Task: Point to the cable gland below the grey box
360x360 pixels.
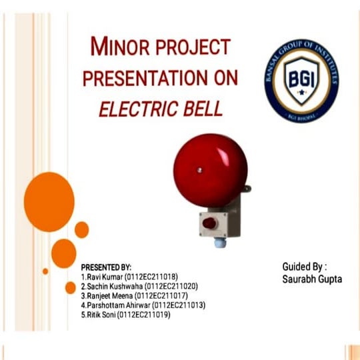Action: (219, 243)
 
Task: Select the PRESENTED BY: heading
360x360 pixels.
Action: (106, 267)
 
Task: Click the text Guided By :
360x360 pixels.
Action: (305, 267)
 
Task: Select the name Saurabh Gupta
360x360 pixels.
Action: (312, 279)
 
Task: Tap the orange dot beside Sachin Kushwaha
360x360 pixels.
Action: (70, 287)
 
